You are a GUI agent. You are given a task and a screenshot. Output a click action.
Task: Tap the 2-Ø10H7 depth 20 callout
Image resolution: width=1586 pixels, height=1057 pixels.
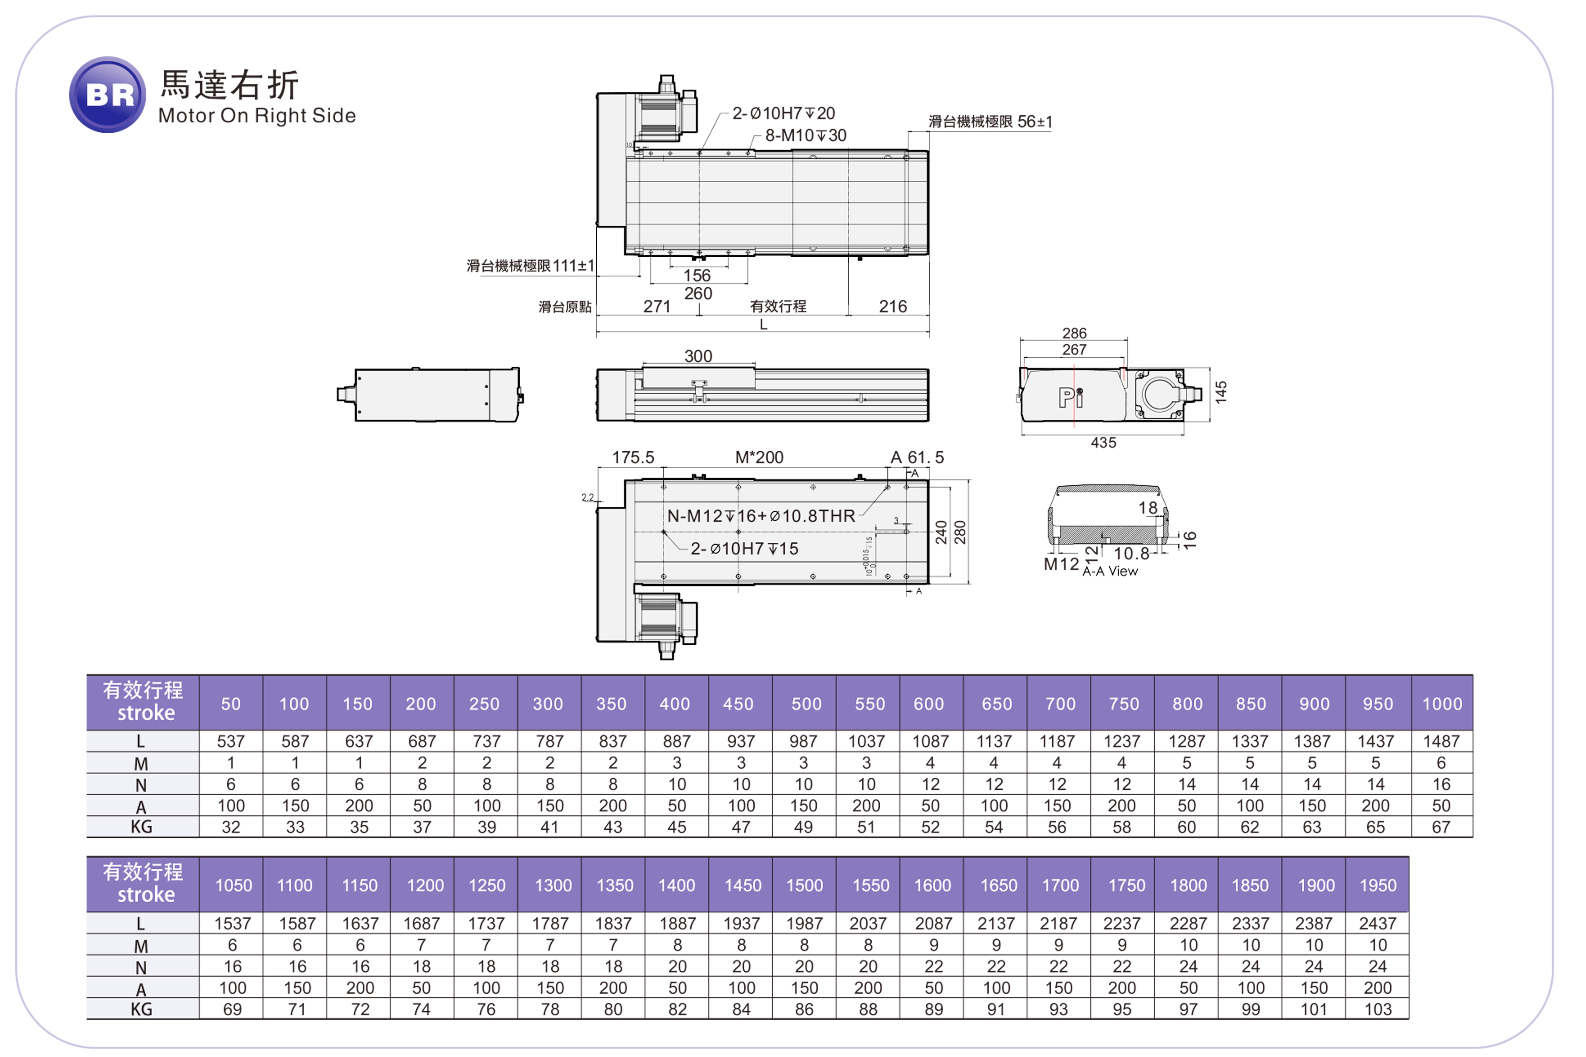(783, 113)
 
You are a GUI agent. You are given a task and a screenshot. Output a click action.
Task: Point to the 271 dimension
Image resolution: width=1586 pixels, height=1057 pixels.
(657, 307)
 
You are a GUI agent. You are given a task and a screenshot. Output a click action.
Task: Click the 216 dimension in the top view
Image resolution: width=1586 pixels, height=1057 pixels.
(893, 307)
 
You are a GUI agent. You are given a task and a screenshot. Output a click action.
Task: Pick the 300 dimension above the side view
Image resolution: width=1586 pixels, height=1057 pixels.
(698, 356)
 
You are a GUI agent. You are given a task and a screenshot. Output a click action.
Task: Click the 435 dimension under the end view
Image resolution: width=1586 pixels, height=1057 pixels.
(1103, 443)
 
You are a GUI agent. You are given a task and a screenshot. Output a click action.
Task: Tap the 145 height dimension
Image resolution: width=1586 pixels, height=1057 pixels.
(1221, 392)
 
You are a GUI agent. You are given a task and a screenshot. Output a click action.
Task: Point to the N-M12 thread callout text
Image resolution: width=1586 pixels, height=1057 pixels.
(761, 517)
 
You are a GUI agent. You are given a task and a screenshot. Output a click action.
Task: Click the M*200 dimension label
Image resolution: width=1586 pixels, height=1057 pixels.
(759, 458)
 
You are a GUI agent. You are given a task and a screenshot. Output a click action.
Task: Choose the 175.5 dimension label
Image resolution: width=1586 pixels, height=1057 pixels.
(632, 458)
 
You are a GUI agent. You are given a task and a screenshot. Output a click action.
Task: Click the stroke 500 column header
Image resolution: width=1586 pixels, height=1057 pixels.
(806, 704)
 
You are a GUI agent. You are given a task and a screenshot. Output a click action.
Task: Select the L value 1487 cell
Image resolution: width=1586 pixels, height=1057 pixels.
(1441, 742)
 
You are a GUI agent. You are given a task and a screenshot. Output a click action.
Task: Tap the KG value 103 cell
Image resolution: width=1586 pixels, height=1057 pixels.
(1378, 1009)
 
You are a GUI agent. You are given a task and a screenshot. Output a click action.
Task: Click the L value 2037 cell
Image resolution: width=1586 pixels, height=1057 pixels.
(868, 923)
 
